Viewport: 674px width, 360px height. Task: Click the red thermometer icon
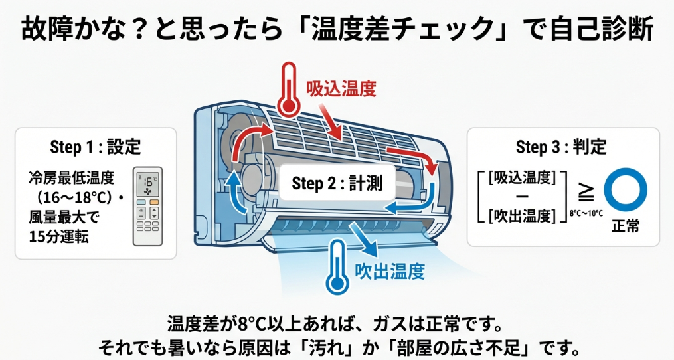pos(288,89)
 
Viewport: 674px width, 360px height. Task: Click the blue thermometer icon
pos(337,270)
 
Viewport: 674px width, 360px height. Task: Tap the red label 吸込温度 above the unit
pos(341,89)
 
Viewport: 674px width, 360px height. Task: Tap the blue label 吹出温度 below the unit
pos(389,271)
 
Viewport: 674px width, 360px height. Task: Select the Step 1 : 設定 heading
pos(95,147)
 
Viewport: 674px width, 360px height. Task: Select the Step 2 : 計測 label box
pos(337,183)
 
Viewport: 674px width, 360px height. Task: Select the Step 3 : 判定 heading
pos(561,147)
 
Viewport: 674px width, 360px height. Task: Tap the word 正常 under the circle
pos(625,226)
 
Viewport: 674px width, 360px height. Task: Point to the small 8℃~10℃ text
pos(586,214)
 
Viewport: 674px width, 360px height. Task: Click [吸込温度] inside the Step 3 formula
pos(521,177)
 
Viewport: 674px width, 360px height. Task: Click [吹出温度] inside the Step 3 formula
pos(521,215)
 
